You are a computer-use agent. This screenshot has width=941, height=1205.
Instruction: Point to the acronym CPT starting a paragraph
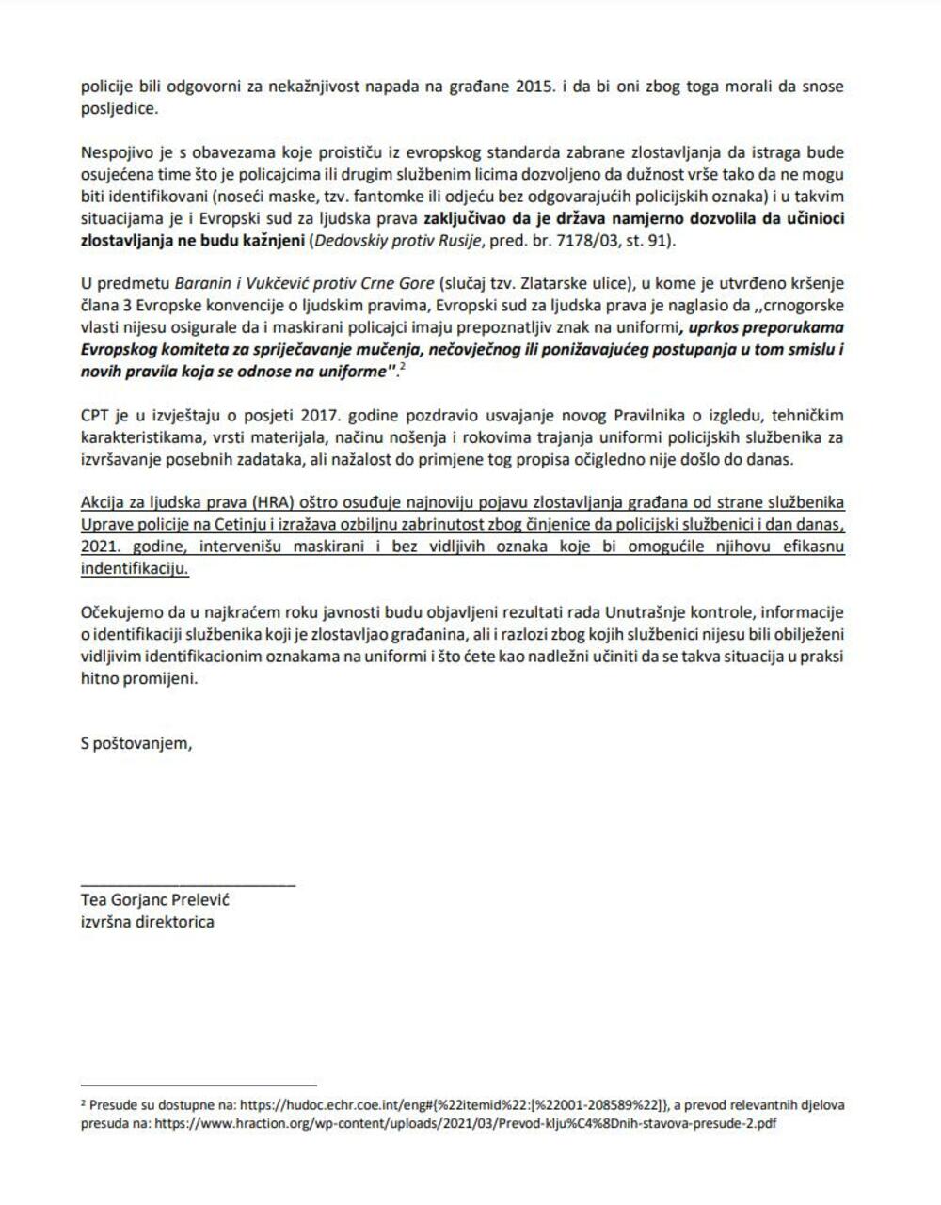95,415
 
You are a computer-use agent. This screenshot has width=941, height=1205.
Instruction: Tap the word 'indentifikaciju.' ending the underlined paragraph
135,569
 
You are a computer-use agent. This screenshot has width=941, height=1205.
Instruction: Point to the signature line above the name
188,884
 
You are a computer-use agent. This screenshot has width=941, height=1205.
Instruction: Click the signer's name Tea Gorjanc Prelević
155,899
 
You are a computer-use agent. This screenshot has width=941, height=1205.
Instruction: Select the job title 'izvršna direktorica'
147,921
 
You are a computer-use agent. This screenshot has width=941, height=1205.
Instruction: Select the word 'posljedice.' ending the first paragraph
120,108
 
